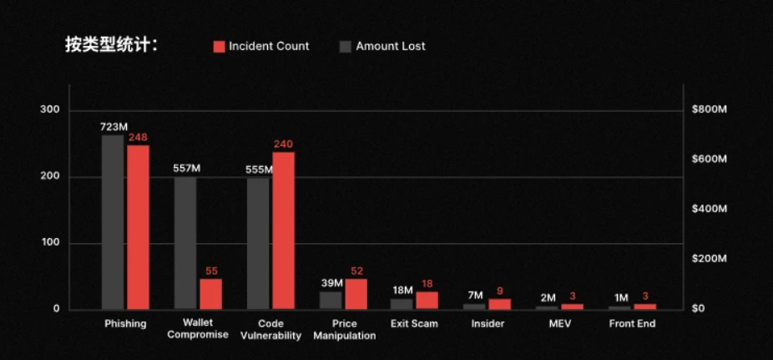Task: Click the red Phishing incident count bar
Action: pyautogui.click(x=138, y=227)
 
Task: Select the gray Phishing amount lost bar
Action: pyautogui.click(x=113, y=222)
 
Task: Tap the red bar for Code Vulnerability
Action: pyautogui.click(x=283, y=231)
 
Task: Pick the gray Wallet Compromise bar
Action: pyautogui.click(x=185, y=243)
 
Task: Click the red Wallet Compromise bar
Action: pyautogui.click(x=210, y=293)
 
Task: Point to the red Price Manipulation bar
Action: pyautogui.click(x=356, y=293)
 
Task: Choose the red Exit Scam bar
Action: pyautogui.click(x=427, y=300)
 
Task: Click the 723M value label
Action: pyautogui.click(x=114, y=127)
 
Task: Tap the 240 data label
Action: pyautogui.click(x=284, y=144)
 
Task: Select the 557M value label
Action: pyautogui.click(x=186, y=168)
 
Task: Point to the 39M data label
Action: pyautogui.click(x=332, y=283)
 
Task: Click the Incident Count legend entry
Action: pyautogui.click(x=261, y=47)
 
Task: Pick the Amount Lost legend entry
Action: pyautogui.click(x=382, y=47)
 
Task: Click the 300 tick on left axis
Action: pyautogui.click(x=50, y=110)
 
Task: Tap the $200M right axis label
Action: pyautogui.click(x=710, y=259)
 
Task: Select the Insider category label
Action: pyautogui.click(x=488, y=324)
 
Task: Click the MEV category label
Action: pyautogui.click(x=560, y=324)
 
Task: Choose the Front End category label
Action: pyautogui.click(x=632, y=324)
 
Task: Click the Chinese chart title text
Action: pyautogui.click(x=112, y=45)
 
